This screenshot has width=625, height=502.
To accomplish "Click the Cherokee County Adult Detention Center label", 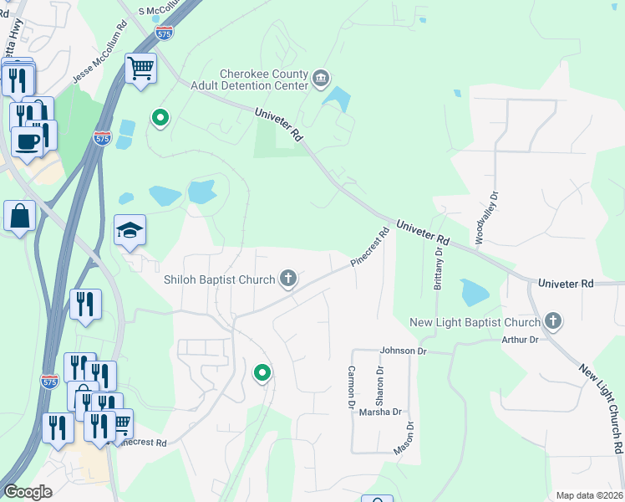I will pyautogui.click(x=263, y=80).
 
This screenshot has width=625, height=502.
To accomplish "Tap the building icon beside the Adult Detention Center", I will pyautogui.click(x=321, y=79).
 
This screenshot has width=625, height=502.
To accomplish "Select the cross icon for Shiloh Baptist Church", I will pyautogui.click(x=288, y=279).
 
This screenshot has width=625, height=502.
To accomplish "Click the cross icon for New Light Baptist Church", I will pyautogui.click(x=551, y=321).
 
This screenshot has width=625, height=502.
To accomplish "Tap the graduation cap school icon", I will pyautogui.click(x=130, y=231).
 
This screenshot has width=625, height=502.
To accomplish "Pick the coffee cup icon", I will pyautogui.click(x=26, y=141).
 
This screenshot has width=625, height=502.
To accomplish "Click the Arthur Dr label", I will pyautogui.click(x=520, y=340).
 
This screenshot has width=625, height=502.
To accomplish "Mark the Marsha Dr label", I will pyautogui.click(x=380, y=412).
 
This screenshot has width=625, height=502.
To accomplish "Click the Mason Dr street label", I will pyautogui.click(x=409, y=437).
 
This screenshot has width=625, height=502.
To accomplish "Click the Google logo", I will pyautogui.click(x=28, y=492).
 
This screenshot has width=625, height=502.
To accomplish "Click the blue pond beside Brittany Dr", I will pyautogui.click(x=475, y=292).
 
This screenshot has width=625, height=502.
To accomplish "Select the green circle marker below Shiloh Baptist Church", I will pyautogui.click(x=262, y=373).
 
